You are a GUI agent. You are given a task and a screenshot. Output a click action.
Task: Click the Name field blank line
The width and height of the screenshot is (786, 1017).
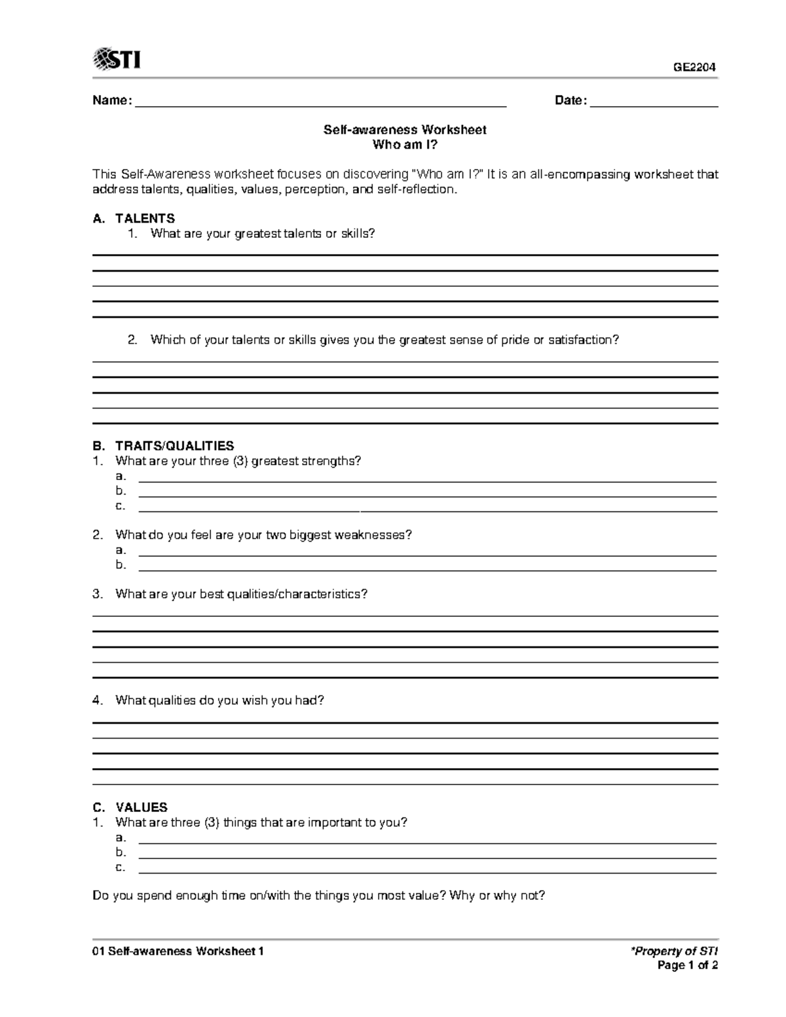pos(320,105)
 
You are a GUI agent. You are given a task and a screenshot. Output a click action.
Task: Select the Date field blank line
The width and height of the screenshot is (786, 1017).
pos(654,105)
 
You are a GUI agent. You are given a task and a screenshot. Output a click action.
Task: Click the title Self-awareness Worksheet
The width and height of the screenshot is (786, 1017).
pos(405,130)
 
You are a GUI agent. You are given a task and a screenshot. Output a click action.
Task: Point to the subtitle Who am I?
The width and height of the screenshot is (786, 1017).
pos(405,145)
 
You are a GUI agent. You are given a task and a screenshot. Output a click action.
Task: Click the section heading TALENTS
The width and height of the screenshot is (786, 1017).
pos(145,219)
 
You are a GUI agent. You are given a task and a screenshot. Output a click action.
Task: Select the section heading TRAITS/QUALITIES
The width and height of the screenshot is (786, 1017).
pos(174,446)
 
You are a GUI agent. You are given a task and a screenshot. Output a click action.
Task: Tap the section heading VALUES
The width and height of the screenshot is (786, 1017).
pos(141,807)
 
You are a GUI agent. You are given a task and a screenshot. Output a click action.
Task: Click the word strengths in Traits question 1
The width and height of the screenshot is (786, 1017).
pos(331,461)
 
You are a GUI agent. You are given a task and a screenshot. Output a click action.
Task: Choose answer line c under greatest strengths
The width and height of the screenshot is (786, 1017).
pos(428,510)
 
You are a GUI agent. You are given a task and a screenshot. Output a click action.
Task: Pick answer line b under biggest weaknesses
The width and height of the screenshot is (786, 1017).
pos(428,570)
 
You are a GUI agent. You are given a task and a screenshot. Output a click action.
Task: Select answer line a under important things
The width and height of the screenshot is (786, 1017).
pos(428,842)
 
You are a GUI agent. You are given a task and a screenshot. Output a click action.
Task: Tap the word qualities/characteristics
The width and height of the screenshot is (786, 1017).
pos(297,594)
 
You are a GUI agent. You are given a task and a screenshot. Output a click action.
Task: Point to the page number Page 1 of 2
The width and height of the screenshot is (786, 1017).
pos(688,965)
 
